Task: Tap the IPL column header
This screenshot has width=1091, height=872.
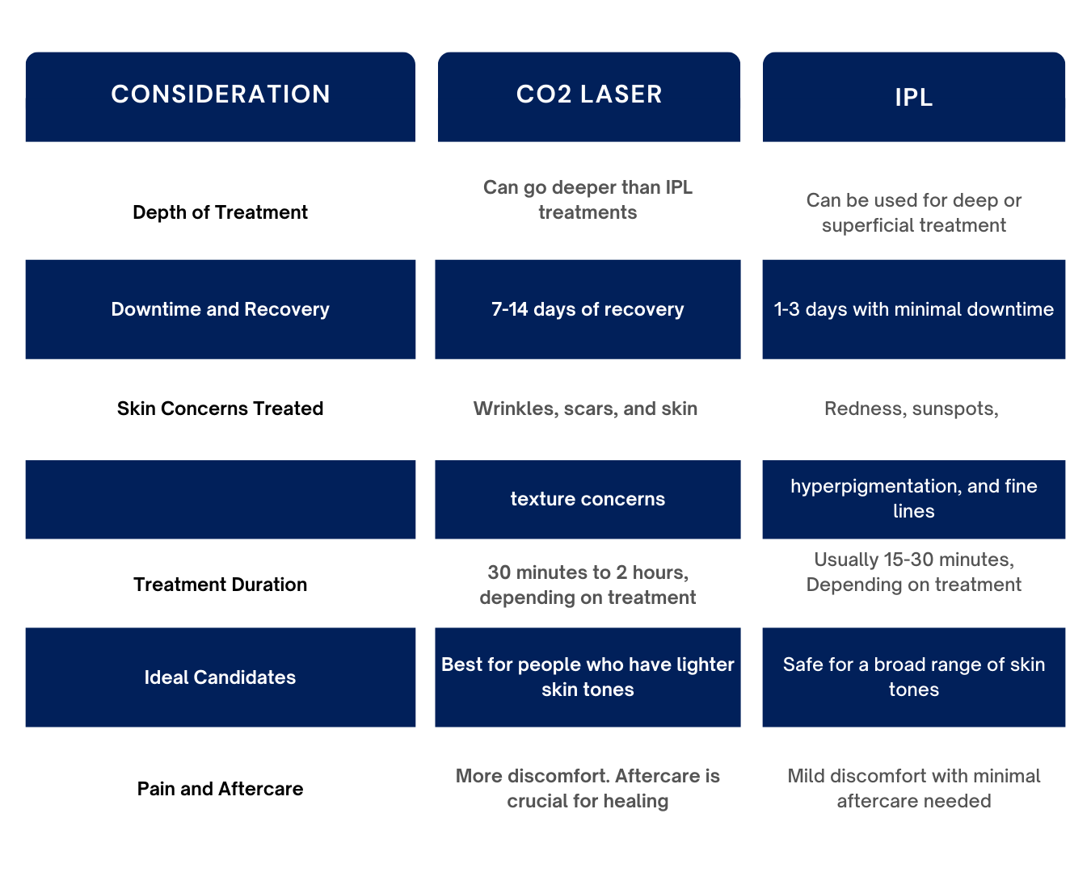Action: [913, 97]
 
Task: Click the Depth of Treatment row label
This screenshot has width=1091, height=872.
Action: [220, 212]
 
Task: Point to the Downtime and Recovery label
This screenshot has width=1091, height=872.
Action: [220, 309]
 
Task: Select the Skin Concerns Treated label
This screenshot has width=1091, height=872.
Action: [220, 409]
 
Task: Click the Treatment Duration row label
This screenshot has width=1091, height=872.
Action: [220, 585]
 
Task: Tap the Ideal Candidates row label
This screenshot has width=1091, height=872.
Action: [220, 677]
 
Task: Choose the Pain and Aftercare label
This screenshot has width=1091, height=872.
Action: [220, 789]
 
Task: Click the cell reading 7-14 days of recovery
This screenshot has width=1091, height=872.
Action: [588, 309]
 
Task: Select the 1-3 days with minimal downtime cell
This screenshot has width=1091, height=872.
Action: [913, 309]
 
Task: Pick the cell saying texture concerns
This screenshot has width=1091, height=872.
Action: [588, 499]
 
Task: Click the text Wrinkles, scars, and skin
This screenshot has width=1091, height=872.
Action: [586, 409]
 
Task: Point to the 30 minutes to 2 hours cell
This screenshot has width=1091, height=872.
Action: [588, 585]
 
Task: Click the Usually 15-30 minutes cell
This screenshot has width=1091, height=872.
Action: [913, 572]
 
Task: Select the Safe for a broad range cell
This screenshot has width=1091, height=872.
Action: [913, 677]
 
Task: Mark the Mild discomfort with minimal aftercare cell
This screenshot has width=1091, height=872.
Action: [913, 788]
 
